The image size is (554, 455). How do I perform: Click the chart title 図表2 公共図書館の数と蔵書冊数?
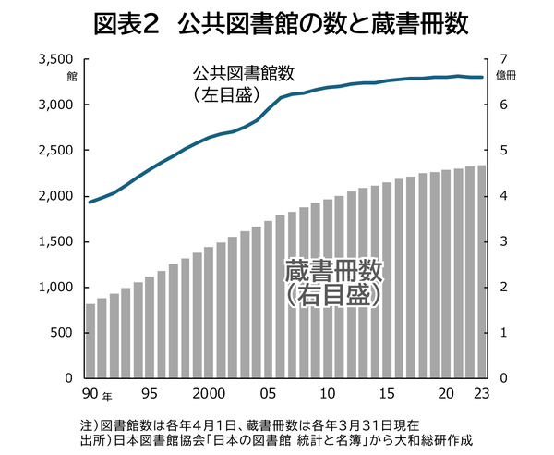tap(277, 23)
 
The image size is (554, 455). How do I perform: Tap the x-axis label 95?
tap(150, 393)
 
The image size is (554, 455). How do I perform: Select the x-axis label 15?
tap(387, 393)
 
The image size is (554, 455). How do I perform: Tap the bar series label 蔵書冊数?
tap(333, 271)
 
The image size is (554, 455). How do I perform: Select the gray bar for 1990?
tap(90, 341)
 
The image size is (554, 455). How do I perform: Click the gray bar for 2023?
tap(481, 272)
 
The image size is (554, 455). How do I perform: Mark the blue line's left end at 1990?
tap(89, 202)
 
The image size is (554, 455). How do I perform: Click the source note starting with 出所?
tap(276, 439)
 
